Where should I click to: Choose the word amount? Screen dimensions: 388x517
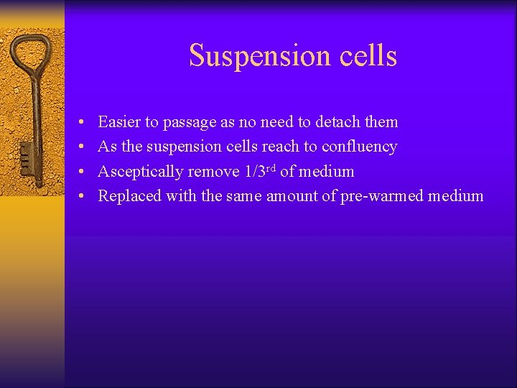[292, 196]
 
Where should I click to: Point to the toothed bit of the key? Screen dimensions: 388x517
[25, 155]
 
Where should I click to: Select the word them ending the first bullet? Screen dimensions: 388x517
[381, 122]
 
